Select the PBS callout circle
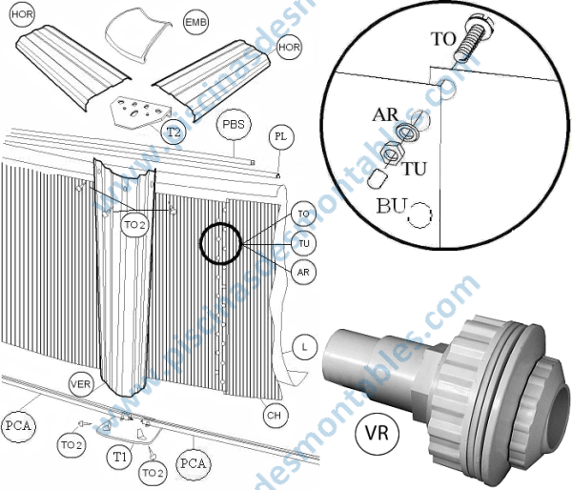234,125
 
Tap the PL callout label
280,137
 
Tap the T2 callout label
173,133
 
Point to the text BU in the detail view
391,205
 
